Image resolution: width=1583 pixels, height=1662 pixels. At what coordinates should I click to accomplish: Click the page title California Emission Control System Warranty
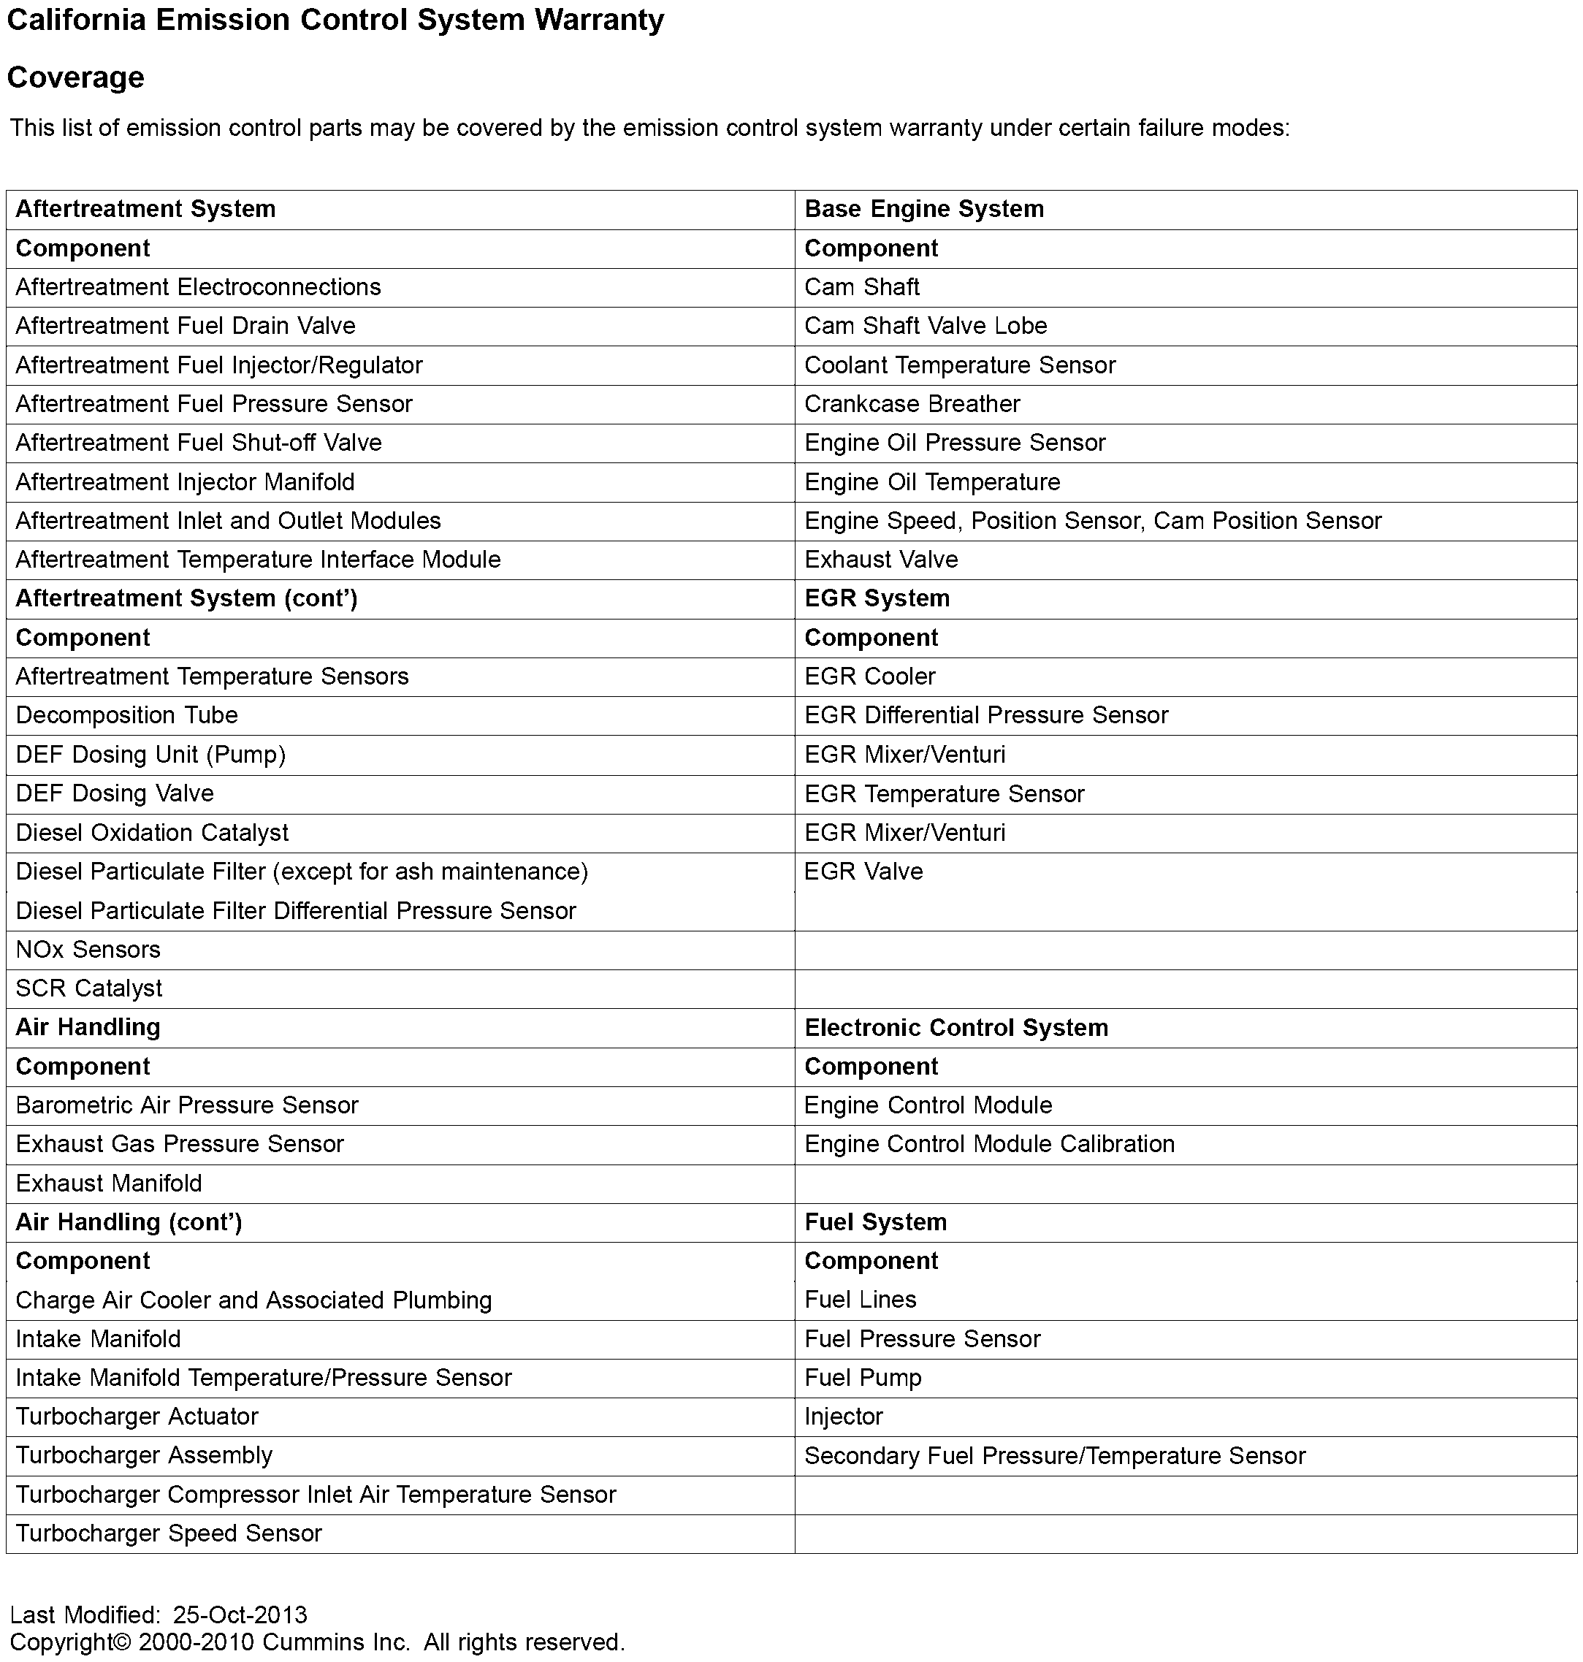click(x=335, y=20)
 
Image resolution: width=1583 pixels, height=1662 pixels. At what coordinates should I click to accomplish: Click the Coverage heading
click(x=76, y=77)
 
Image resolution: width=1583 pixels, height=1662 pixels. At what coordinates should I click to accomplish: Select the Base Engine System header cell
click(x=924, y=209)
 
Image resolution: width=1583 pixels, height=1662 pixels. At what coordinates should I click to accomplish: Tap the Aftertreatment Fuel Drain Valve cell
click(x=186, y=327)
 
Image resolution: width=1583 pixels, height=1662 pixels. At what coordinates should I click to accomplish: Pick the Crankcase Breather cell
click(x=912, y=404)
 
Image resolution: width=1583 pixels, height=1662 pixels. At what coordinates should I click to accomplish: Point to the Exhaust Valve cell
click(x=881, y=560)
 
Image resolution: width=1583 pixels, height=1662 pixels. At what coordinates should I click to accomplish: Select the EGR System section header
click(x=877, y=599)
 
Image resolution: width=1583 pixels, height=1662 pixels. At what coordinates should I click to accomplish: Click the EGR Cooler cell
click(x=870, y=676)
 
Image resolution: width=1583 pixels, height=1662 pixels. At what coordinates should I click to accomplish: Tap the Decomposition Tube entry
click(x=126, y=715)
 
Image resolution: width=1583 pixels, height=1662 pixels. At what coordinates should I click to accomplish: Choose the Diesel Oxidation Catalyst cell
click(x=152, y=833)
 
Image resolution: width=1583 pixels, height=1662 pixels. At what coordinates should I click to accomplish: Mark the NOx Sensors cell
click(x=88, y=950)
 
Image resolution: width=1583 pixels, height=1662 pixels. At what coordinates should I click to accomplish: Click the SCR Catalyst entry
click(x=88, y=988)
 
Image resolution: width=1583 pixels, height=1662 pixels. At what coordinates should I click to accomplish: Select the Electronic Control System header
click(x=956, y=1028)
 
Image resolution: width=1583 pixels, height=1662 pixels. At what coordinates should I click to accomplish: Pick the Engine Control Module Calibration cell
click(x=989, y=1144)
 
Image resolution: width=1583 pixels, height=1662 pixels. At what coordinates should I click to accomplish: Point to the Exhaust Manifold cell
click(x=109, y=1183)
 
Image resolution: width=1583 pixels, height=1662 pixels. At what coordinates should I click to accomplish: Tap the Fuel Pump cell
click(x=863, y=1378)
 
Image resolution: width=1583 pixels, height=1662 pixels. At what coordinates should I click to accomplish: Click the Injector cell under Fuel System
click(x=843, y=1417)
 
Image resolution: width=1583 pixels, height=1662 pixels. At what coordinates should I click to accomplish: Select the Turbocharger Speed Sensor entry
click(x=169, y=1533)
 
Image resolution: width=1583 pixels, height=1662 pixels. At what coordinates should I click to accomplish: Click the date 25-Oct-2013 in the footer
click(x=240, y=1615)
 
